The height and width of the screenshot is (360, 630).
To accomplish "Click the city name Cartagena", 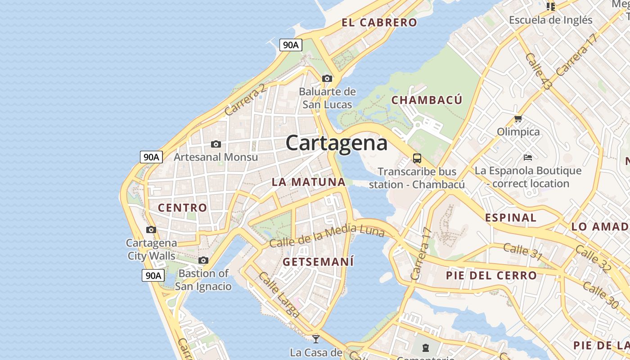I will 336,143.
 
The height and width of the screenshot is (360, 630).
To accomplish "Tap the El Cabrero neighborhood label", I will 379,22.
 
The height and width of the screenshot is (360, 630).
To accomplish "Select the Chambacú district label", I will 427,100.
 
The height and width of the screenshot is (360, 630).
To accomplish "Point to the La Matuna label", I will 308,182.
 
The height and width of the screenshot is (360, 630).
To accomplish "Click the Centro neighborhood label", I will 182,207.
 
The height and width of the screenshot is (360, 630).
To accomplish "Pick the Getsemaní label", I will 318,261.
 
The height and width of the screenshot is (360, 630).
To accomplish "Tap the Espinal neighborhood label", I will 510,218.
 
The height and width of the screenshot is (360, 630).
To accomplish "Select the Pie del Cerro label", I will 491,275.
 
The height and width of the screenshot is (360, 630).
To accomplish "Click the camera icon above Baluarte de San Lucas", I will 327,78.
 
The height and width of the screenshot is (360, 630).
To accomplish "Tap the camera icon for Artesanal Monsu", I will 216,144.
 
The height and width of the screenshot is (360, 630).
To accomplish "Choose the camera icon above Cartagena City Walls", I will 151,229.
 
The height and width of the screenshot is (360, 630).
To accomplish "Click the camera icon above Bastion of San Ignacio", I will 203,260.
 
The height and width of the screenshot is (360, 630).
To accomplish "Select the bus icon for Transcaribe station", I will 417,158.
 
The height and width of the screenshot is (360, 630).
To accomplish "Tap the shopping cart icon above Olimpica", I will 518,119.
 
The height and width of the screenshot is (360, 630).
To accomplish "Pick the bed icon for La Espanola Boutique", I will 528,157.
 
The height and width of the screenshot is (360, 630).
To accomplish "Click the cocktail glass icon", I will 316,338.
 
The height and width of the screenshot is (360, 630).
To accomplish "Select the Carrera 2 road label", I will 245,100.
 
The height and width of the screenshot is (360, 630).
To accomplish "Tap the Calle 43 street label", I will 538,71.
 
